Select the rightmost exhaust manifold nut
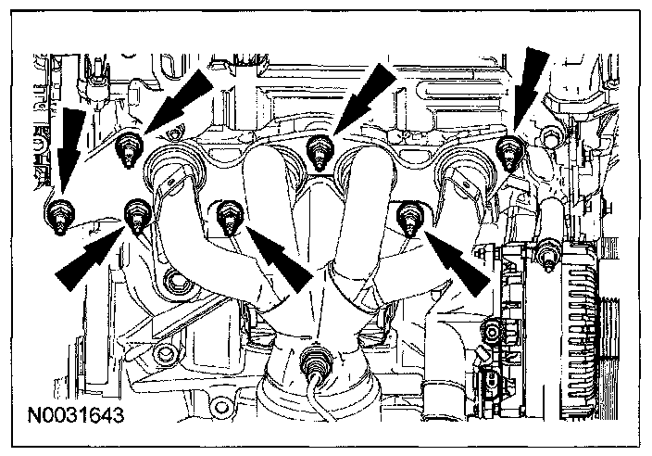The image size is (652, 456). (x=508, y=150)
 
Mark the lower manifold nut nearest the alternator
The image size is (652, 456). (x=408, y=219)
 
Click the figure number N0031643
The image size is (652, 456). (x=76, y=407)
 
